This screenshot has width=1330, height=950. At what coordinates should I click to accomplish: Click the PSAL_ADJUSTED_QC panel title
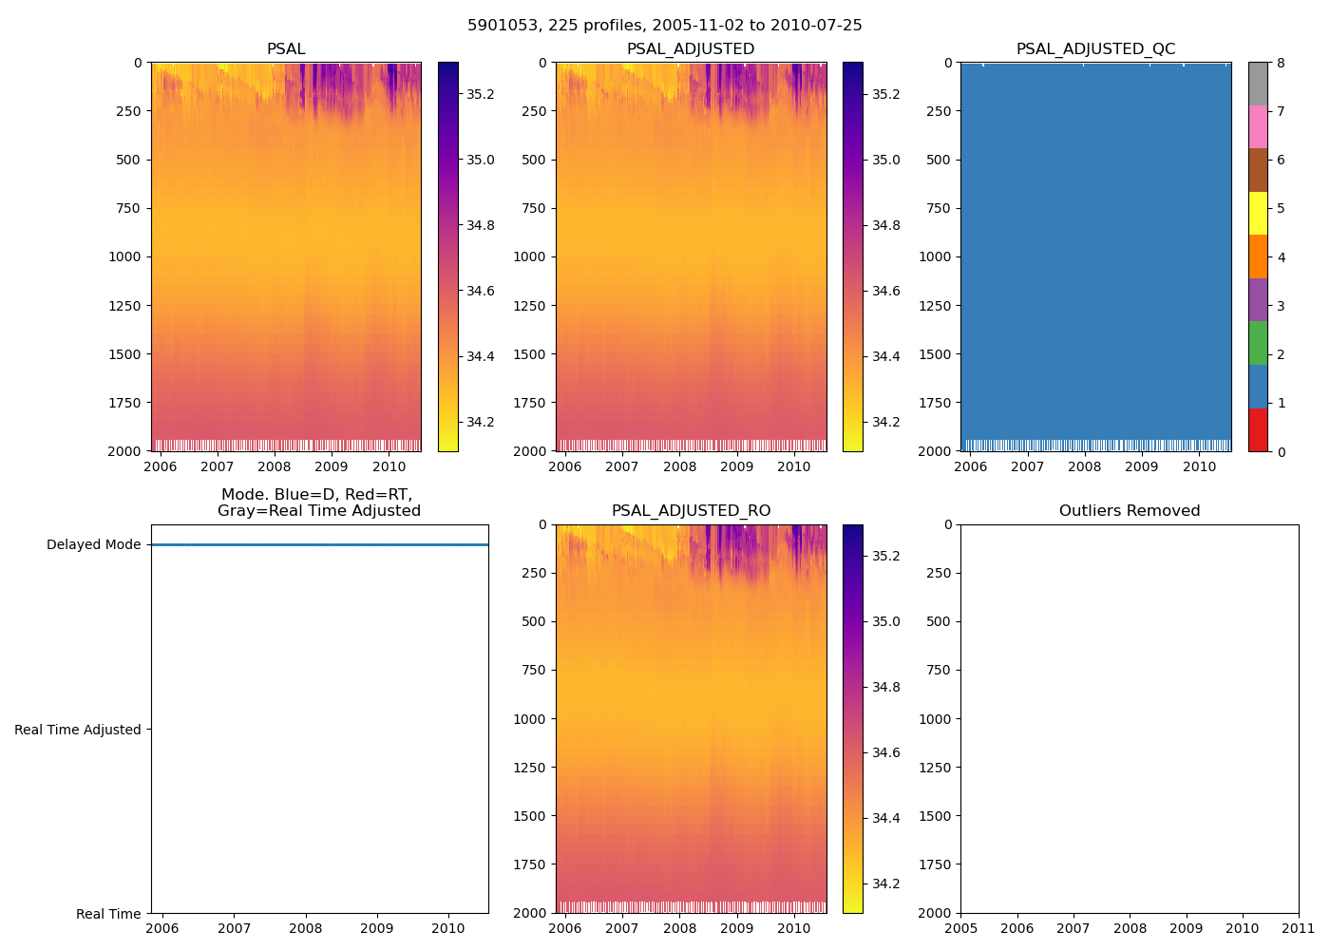(x=1095, y=49)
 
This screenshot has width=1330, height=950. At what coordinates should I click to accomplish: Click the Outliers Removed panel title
(x=1130, y=511)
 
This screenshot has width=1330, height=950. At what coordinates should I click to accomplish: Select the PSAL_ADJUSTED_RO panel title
(x=691, y=511)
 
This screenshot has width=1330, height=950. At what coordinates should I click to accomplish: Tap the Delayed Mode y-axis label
(x=93, y=544)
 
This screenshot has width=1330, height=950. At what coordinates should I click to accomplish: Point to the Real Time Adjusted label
(x=77, y=730)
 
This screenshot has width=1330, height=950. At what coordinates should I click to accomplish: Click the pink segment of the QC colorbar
(x=1258, y=127)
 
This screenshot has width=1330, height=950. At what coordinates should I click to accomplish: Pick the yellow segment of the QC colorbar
(x=1258, y=214)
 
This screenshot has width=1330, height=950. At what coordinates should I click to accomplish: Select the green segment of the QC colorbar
(x=1258, y=343)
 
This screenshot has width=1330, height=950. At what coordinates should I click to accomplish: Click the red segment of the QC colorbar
(x=1258, y=429)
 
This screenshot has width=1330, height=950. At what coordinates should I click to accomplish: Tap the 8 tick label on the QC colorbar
(x=1281, y=64)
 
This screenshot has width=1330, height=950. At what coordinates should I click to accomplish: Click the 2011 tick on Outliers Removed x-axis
(x=1299, y=928)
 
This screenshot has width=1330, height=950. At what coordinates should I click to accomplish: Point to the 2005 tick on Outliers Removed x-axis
(x=960, y=928)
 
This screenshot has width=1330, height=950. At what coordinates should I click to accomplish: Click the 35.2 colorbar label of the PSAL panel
(x=480, y=94)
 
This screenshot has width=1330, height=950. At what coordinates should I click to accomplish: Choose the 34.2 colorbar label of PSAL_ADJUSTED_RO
(x=885, y=883)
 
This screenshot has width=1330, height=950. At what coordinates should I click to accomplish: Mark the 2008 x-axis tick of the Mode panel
(x=306, y=928)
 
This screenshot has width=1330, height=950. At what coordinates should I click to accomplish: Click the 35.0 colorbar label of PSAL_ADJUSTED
(x=885, y=160)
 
